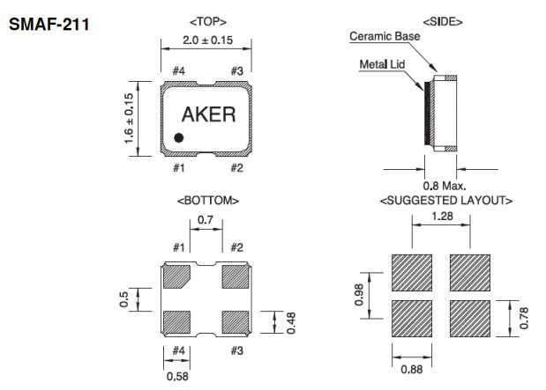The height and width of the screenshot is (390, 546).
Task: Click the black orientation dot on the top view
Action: tap(178, 137)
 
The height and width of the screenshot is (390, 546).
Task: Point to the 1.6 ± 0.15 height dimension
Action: tap(129, 120)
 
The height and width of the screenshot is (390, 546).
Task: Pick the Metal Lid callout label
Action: tap(380, 64)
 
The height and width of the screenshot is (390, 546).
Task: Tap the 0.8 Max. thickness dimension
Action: tap(444, 186)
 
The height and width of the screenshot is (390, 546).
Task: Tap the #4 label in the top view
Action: tap(178, 70)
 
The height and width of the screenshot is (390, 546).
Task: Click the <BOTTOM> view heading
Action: tap(207, 201)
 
